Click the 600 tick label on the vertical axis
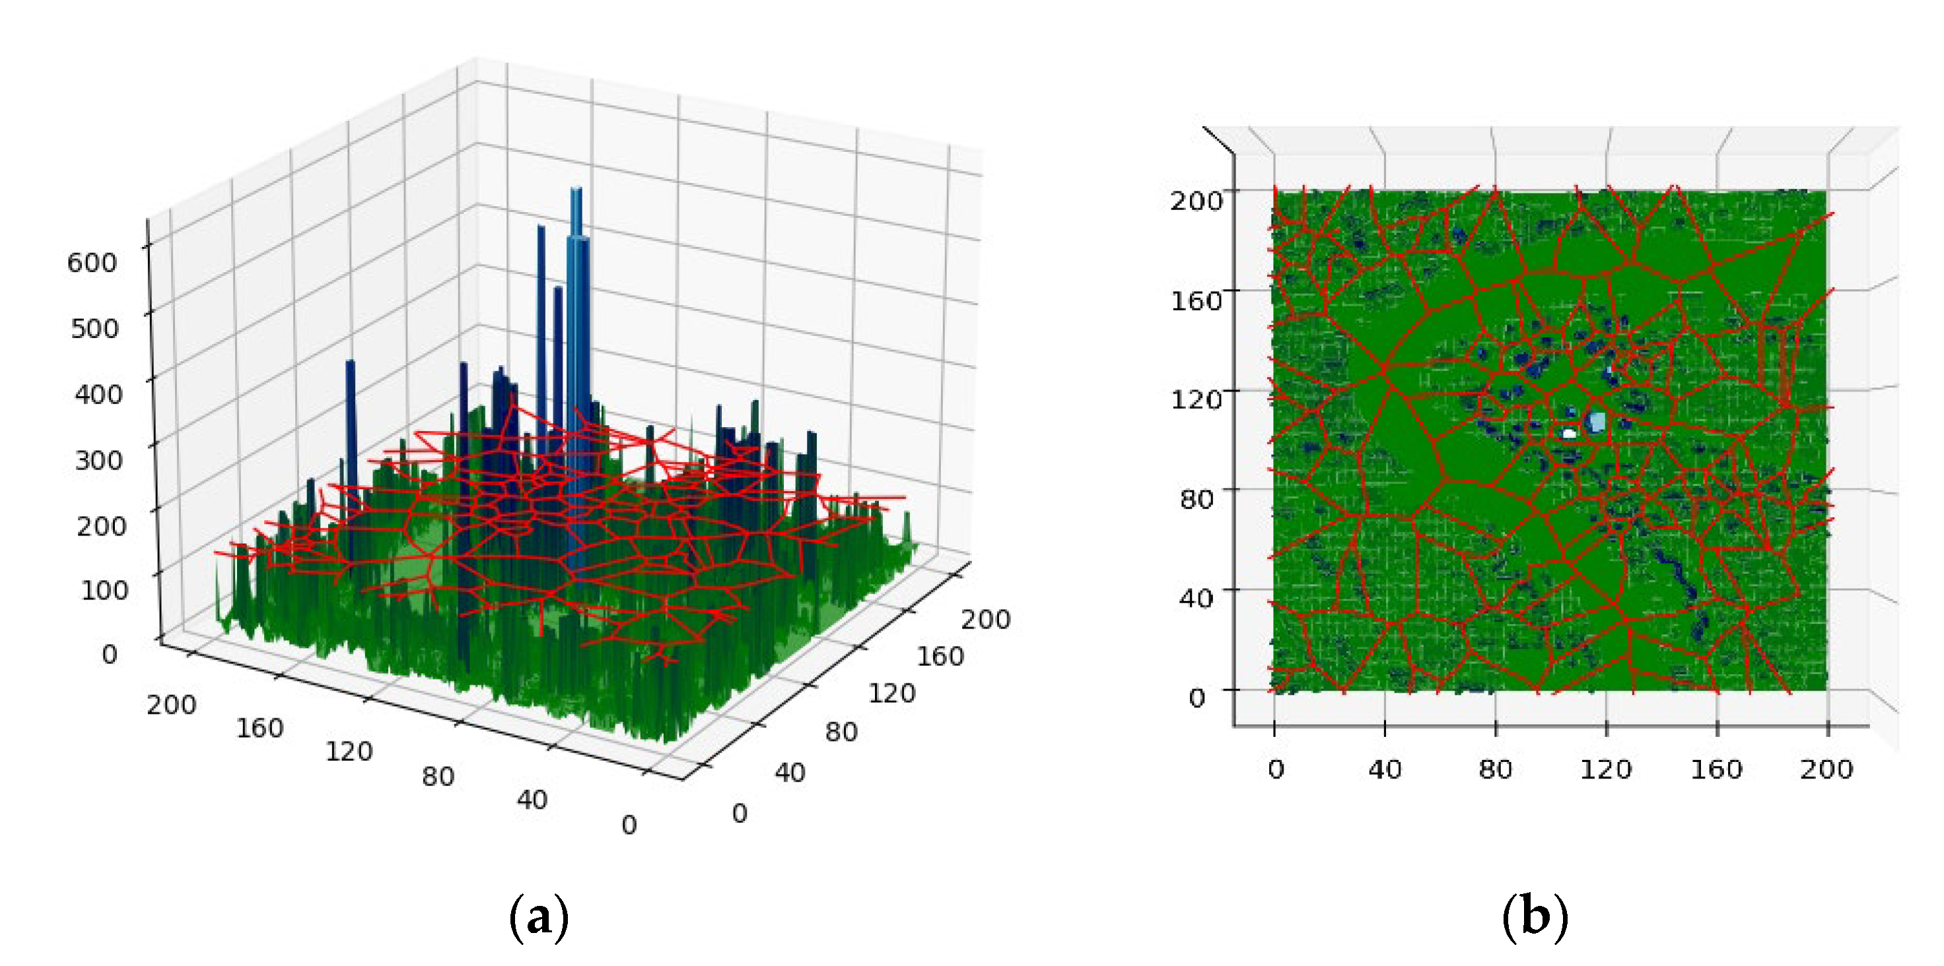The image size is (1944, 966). coord(92,263)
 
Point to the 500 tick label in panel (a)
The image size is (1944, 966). coord(94,328)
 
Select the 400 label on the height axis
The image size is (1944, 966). coord(98,394)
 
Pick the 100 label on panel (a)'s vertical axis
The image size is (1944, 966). coord(104,590)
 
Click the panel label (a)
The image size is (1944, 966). coord(539,917)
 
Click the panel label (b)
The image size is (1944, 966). coord(1535,917)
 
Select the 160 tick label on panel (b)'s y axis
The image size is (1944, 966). coord(1196,300)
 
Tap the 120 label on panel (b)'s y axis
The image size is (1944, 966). coord(1196,398)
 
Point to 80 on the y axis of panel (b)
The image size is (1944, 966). coord(1197,499)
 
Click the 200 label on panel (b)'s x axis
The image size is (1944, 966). coord(1826,770)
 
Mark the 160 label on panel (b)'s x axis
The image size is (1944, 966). coord(1716,770)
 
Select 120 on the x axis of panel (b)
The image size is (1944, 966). coord(1606,770)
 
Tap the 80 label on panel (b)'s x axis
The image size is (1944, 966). coord(1495,770)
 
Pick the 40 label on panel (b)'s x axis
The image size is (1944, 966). coord(1385,770)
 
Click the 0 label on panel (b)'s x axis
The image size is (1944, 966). coord(1275,770)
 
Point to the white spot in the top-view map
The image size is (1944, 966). coord(1570,433)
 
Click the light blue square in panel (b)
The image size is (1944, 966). coord(1596,421)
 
